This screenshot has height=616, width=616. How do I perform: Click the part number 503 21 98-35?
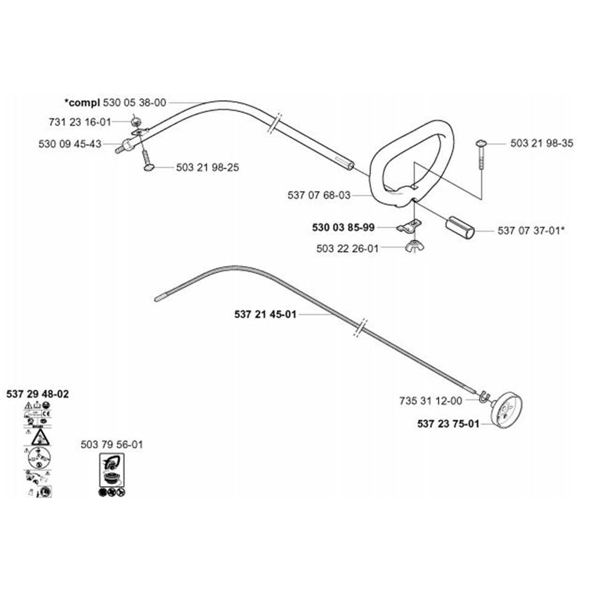tap(541, 143)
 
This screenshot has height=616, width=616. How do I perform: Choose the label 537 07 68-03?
tap(318, 195)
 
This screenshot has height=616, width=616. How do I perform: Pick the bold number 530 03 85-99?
tap(343, 227)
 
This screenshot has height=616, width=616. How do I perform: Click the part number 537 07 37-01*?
tap(532, 231)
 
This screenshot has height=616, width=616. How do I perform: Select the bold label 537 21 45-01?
tap(266, 314)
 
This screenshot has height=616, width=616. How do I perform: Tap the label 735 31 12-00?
tap(431, 400)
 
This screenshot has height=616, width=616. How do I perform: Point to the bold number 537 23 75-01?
tap(448, 423)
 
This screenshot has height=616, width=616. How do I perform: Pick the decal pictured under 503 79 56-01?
tap(111, 475)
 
